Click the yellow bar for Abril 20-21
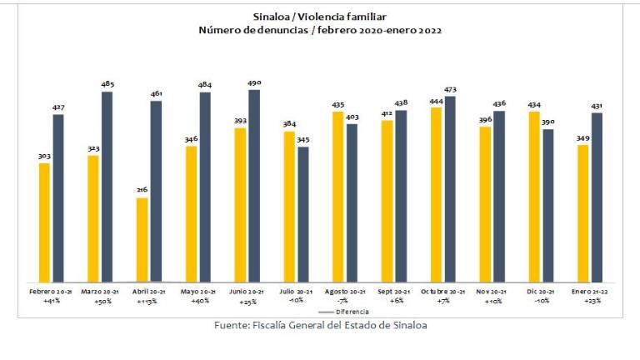[x=142, y=240]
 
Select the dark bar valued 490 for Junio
[x=254, y=186]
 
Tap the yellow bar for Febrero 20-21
[x=44, y=222]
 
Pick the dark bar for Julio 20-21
[x=303, y=215]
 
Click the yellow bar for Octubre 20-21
[x=436, y=195]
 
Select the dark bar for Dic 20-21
[x=547, y=206]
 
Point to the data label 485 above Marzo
[x=107, y=84]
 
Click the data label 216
[x=142, y=190]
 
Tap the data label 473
[x=450, y=89]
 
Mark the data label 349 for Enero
[x=582, y=137]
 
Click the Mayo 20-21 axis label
[x=198, y=292]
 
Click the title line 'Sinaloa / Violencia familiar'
[x=320, y=16]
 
